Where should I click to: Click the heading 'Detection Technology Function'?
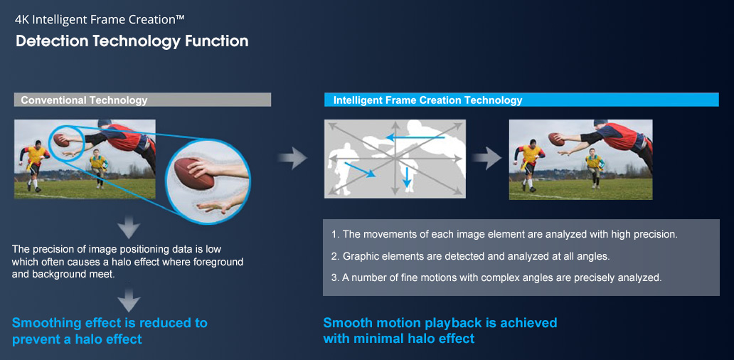pyautogui.click(x=132, y=41)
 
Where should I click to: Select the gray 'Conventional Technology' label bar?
pyautogui.click(x=143, y=100)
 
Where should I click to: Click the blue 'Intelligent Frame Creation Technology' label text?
pyautogui.click(x=428, y=100)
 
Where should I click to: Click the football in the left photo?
pyautogui.click(x=61, y=139)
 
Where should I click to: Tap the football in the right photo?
pyautogui.click(x=556, y=139)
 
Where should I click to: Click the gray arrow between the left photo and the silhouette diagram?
pyautogui.click(x=293, y=158)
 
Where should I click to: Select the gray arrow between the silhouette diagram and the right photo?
pyautogui.click(x=486, y=158)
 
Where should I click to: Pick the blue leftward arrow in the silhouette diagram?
pyautogui.click(x=415, y=137)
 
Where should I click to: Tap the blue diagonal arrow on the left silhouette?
pyautogui.click(x=360, y=169)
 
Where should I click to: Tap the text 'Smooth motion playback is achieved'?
pyautogui.click(x=440, y=324)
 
